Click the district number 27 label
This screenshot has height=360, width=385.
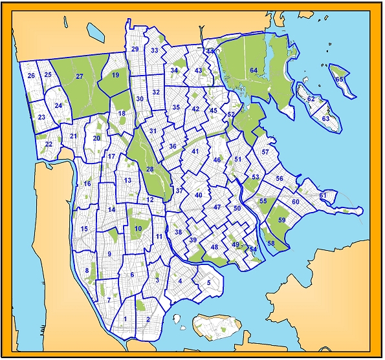click(x=80, y=76)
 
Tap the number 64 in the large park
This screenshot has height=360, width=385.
click(x=254, y=70)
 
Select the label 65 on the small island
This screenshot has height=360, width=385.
click(x=340, y=79)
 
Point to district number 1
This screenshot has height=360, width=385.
click(x=125, y=319)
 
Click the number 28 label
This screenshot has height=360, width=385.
click(x=149, y=169)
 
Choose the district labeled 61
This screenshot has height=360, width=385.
click(x=323, y=195)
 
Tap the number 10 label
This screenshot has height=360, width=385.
click(x=138, y=228)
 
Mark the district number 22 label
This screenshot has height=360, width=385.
click(x=49, y=143)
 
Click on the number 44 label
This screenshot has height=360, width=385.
click(x=210, y=51)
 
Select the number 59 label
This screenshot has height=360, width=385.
click(x=282, y=220)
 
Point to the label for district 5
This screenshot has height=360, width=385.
click(x=208, y=282)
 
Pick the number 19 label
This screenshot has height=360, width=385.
click(x=116, y=76)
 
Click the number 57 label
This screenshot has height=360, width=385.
click(x=265, y=152)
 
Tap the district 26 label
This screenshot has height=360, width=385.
click(x=31, y=76)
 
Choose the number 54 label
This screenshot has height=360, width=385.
click(x=254, y=249)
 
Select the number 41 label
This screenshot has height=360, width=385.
click(x=195, y=151)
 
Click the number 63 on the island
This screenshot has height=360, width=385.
click(x=326, y=119)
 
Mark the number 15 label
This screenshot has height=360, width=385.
click(x=84, y=229)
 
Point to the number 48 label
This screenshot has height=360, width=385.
click(x=214, y=247)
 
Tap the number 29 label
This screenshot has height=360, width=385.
click(x=135, y=49)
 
